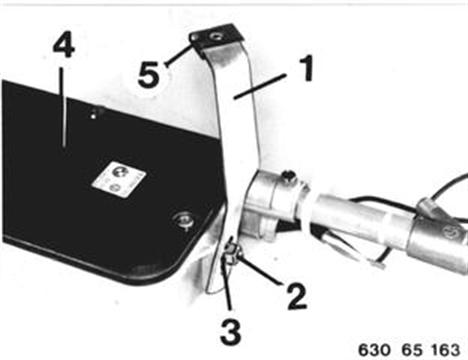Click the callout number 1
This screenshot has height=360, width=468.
coord(306,68)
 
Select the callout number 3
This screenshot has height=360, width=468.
coord(231,332)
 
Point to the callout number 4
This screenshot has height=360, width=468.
coord(64,46)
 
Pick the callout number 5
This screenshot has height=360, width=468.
coord(149,75)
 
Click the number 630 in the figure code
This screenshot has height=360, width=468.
coord(374,350)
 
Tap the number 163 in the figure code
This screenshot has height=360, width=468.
coord(446,350)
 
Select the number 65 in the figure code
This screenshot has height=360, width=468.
coord(412,350)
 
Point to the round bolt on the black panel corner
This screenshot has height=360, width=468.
coord(182,220)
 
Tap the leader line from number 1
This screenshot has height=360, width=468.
coord(260,86)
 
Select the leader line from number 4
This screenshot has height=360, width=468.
coord(63,104)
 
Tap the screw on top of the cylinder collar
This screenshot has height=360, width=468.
coord(289,175)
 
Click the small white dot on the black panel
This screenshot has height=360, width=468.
coord(94,116)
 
